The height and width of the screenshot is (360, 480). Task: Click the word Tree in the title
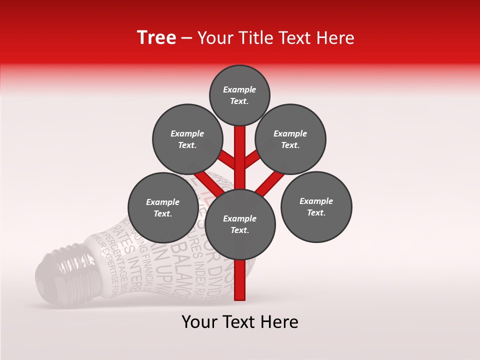point(156,38)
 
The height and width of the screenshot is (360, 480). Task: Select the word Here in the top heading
point(336,38)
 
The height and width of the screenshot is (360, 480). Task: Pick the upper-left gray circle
point(187,139)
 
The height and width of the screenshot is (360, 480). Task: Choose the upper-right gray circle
point(290,139)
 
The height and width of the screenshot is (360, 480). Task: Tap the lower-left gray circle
point(163,207)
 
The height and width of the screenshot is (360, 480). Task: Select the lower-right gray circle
point(316,206)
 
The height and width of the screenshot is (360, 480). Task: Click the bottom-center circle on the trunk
point(240,224)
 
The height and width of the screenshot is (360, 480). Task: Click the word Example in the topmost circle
point(239,90)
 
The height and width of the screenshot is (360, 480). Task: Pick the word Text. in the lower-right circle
point(316,212)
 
